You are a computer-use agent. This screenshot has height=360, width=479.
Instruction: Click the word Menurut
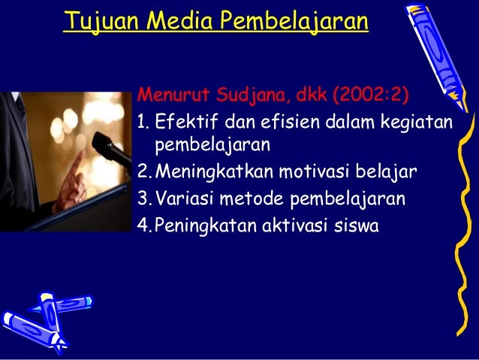point(172,97)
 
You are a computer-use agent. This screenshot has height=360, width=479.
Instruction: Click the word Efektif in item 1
point(183,121)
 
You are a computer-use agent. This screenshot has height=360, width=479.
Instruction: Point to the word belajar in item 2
point(386,174)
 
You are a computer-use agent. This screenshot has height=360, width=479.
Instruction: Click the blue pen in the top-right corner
point(436,50)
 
